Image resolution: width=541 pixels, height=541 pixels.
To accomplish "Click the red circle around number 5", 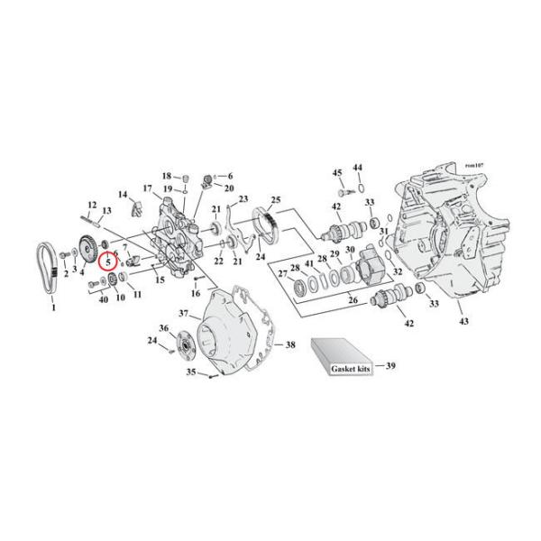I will click(x=108, y=263).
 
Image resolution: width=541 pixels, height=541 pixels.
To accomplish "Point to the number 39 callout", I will click(x=390, y=366).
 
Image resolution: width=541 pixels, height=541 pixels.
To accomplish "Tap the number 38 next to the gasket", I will click(x=290, y=345).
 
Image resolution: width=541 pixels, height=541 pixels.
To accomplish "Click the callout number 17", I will click(x=147, y=188).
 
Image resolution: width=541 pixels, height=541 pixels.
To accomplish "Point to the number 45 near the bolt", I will click(x=337, y=172).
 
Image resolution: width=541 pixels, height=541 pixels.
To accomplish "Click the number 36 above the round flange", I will click(x=163, y=327).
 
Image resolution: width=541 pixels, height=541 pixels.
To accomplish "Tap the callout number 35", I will click(x=189, y=371).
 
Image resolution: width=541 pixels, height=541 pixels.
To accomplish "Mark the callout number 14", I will click(x=123, y=195).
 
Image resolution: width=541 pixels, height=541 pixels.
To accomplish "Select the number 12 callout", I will click(x=92, y=205).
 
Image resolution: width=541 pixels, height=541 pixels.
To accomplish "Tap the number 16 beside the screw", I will click(x=195, y=294).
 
